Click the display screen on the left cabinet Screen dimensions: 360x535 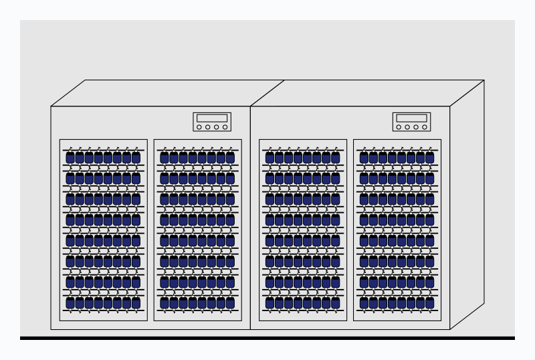[x=212, y=118]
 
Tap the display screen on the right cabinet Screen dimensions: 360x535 [x=411, y=118]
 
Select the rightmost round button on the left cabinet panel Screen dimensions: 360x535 [x=225, y=127]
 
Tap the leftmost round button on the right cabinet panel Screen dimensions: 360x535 [x=399, y=127]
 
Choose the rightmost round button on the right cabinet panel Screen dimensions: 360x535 [x=425, y=127]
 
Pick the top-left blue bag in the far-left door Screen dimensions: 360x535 [x=70, y=157]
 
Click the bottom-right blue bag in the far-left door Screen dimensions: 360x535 [x=136, y=302]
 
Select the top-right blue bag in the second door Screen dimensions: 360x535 [x=231, y=157]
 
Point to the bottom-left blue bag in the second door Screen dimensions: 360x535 [x=165, y=302]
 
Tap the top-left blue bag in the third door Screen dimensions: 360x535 [x=270, y=157]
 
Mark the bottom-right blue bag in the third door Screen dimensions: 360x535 [x=336, y=302]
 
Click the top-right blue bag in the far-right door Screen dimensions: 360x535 [x=430, y=157]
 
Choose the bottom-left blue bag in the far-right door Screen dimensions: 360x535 [x=364, y=302]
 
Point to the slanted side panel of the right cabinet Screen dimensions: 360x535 [x=467, y=207]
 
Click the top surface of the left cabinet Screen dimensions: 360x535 [x=167, y=93]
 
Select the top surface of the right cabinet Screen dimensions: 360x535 [x=368, y=93]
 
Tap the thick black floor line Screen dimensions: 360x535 [x=267, y=338]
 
